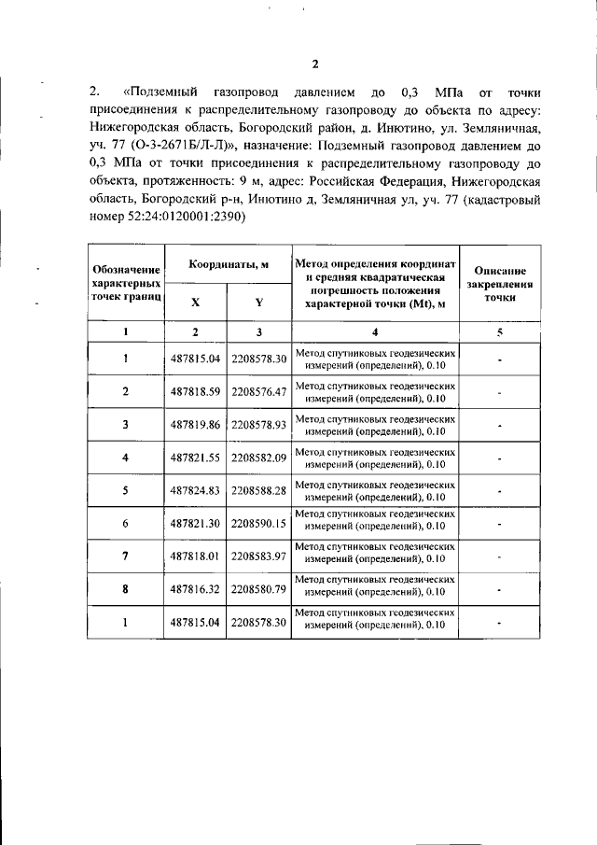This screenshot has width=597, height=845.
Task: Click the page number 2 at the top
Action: pos(314,64)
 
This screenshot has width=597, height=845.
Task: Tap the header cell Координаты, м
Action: pos(229,265)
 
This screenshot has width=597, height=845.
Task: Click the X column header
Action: pos(195,302)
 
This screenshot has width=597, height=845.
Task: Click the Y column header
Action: pos(258,302)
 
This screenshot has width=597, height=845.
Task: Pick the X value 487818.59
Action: pos(195,391)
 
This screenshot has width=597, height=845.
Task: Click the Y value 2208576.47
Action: pos(258,391)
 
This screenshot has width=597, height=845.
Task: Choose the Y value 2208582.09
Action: pos(258,458)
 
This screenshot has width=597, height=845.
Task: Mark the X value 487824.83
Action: pos(195,490)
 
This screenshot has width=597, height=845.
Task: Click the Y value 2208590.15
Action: pos(258,524)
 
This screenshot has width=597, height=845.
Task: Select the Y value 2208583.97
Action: pos(258,556)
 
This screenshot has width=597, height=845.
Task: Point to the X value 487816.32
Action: pos(195,589)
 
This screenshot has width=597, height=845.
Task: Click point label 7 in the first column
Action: pos(125,556)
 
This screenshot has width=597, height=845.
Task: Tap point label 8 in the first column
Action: pos(125,589)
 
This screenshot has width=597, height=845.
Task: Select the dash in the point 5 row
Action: pos(500,491)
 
